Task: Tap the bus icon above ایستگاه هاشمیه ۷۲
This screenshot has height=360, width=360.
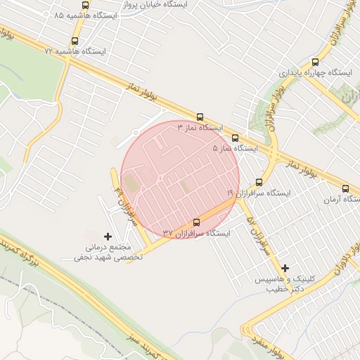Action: coord(75,41)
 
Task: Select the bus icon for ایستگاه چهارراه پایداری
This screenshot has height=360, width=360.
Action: coord(315,61)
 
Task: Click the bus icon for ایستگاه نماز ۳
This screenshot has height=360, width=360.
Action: coord(200,117)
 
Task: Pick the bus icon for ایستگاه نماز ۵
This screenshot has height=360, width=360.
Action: coord(235,138)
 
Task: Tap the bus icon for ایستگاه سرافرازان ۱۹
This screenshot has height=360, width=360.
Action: coord(259,181)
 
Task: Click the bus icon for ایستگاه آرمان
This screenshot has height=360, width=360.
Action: coord(345,188)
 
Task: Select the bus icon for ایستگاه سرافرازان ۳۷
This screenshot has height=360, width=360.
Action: coord(195,222)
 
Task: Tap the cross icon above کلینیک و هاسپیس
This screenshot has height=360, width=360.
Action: coord(285,268)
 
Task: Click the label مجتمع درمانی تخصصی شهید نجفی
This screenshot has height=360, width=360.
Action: coord(109,252)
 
